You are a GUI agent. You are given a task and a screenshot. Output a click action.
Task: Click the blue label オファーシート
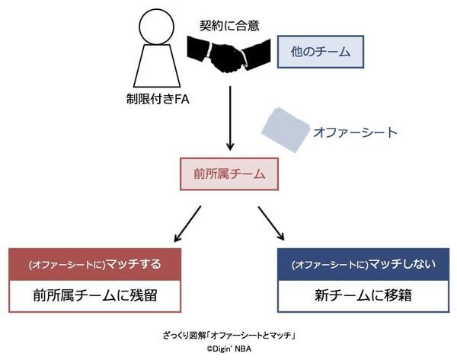(355, 132)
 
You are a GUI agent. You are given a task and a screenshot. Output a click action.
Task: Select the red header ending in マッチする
(95, 264)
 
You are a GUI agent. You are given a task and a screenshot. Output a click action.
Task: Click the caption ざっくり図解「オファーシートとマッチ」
(228, 335)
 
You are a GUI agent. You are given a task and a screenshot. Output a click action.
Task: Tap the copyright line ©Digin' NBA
(228, 349)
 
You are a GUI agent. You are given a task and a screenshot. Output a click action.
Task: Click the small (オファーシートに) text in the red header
(57, 265)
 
